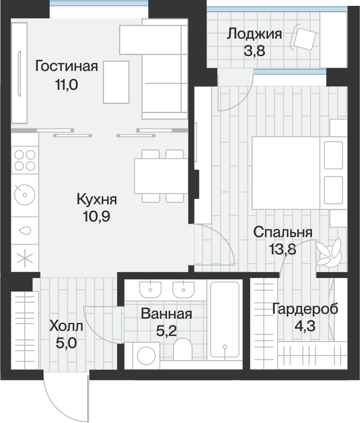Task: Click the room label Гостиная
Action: tap(66, 66)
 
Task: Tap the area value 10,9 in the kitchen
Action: tap(96, 216)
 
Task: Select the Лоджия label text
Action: tap(255, 35)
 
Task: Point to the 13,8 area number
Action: tap(283, 249)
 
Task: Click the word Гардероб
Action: tap(305, 309)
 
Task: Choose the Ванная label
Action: tap(167, 314)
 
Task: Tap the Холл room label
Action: tap(66, 326)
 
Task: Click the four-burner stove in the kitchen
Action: tap(25, 160)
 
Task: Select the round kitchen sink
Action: tap(25, 195)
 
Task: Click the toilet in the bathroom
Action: tap(183, 349)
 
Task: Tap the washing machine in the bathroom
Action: tap(146, 356)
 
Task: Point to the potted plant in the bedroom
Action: tap(329, 253)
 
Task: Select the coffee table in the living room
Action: tap(116, 82)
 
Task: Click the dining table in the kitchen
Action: tap(161, 176)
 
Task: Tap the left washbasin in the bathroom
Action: tap(150, 290)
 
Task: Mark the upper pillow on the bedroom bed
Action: tap(334, 155)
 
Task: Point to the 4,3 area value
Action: tap(305, 326)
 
